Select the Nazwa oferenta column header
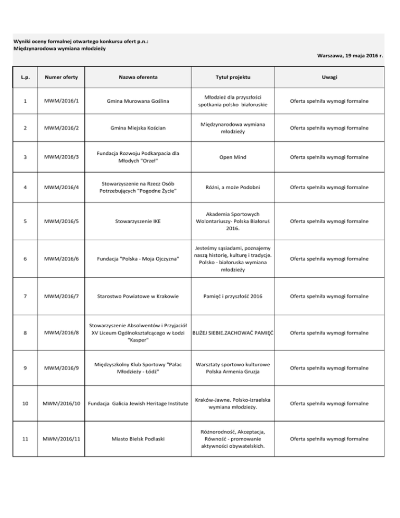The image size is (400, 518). pos(137,77)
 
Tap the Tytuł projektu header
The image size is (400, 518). pos(233,77)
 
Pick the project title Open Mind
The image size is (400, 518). pos(233,157)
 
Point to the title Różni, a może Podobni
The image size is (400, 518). pos(233,188)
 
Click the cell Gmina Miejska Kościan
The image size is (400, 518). pos(137,128)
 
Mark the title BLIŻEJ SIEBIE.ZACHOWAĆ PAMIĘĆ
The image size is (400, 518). pos(233,332)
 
